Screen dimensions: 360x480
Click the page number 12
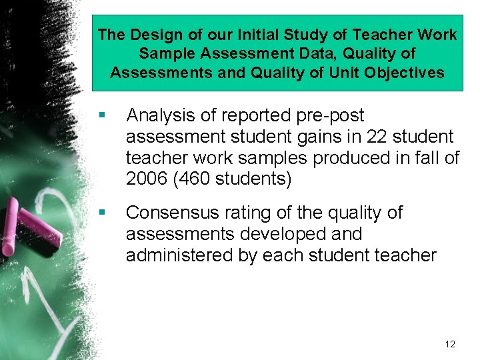click(450, 344)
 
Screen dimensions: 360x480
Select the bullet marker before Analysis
click(101, 115)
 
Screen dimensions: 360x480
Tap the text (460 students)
click(233, 179)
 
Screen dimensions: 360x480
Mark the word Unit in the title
click(345, 72)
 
